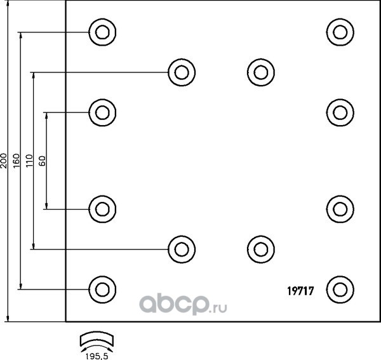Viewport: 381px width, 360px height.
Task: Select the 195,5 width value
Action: point(97,354)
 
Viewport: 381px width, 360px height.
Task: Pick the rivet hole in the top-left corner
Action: point(101,31)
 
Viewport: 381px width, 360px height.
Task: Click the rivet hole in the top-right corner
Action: point(340,31)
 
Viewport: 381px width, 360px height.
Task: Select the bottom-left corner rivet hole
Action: point(101,289)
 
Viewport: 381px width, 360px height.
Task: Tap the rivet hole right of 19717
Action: point(340,289)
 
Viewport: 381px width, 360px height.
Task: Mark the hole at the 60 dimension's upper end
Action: point(101,112)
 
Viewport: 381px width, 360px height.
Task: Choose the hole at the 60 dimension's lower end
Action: point(101,208)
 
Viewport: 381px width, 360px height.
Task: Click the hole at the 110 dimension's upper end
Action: point(181,72)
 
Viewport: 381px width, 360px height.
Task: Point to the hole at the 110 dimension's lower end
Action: point(181,248)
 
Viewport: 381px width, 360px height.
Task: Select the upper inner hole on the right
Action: point(259,72)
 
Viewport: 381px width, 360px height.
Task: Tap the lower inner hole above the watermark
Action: point(259,248)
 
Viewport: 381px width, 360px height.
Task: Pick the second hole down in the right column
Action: point(340,112)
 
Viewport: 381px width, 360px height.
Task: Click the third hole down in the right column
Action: point(340,208)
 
